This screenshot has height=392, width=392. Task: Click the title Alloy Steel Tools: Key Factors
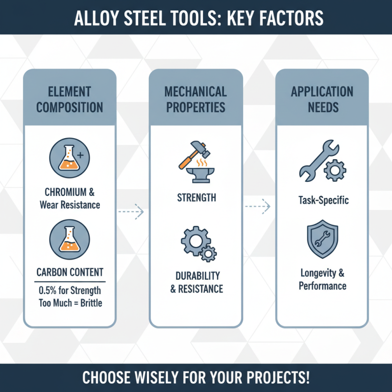(196, 18)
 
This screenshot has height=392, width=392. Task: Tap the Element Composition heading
(70, 99)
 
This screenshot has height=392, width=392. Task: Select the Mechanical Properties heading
(196, 99)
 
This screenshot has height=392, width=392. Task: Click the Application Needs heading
(322, 99)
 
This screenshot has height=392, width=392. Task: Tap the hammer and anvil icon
(196, 162)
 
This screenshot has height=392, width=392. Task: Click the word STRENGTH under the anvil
(196, 198)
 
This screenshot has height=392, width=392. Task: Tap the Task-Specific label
(322, 200)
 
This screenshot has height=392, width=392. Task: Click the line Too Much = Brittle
(70, 302)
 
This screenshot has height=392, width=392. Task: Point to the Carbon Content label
(70, 272)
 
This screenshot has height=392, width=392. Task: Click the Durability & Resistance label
(196, 282)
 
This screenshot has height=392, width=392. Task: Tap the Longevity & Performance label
(322, 279)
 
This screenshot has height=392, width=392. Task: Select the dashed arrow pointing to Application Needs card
(258, 206)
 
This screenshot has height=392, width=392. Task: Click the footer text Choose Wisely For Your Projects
(196, 378)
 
